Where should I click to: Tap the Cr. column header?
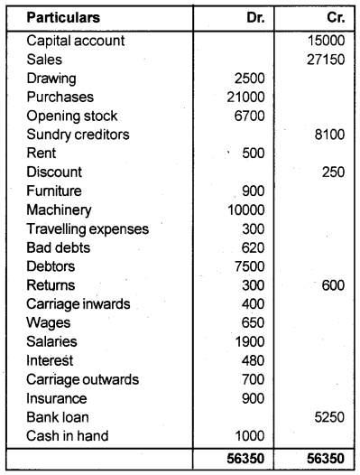pos(331,17)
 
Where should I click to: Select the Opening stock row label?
pos(72,116)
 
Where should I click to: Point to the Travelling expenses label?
pos(88,228)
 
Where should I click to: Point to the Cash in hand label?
pos(69,436)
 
